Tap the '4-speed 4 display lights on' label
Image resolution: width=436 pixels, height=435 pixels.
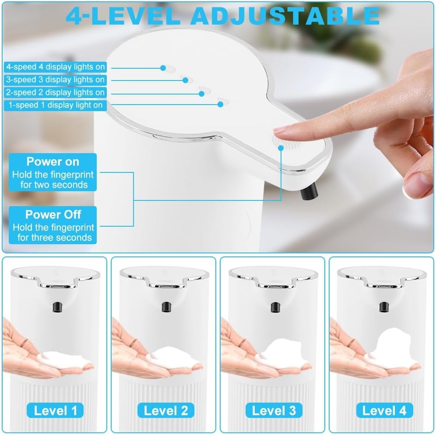click(x=56, y=67)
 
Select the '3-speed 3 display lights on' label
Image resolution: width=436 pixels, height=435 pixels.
click(x=56, y=80)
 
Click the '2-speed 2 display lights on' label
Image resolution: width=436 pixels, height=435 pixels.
click(x=56, y=92)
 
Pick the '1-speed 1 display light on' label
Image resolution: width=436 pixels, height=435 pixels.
click(x=56, y=105)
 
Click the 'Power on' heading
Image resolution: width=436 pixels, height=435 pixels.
click(x=53, y=161)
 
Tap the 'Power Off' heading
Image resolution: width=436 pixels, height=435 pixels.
click(x=53, y=214)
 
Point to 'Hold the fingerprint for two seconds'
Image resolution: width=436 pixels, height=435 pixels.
click(x=53, y=179)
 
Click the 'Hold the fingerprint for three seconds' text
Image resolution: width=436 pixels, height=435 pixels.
click(x=53, y=232)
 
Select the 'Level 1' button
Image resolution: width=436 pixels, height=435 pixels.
click(x=55, y=410)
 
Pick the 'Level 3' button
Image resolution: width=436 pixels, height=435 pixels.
click(x=273, y=410)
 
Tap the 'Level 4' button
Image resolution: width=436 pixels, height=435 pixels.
click(x=382, y=410)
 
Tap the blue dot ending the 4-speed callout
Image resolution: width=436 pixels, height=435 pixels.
click(x=163, y=68)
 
